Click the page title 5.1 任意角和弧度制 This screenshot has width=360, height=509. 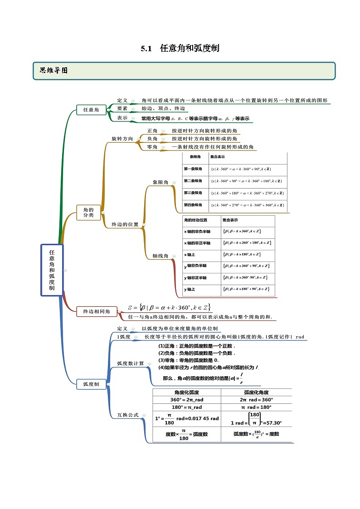click(180, 48)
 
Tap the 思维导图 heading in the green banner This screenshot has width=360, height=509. click(54, 70)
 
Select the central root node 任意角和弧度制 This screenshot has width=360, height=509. click(52, 270)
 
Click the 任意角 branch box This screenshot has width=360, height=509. click(91, 110)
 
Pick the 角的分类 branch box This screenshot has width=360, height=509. click(88, 212)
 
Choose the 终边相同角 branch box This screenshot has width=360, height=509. click(97, 311)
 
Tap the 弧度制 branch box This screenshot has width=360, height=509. click(91, 384)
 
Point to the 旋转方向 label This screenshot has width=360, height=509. click(122, 139)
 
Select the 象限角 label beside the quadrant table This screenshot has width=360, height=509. click(160, 182)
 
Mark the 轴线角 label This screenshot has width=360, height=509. click(160, 256)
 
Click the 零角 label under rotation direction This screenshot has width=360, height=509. click(152, 147)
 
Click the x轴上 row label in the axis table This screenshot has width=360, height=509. click(190, 254)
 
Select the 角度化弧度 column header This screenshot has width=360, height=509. click(187, 393)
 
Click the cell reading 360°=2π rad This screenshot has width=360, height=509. click(187, 400)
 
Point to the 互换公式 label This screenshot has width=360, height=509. click(126, 415)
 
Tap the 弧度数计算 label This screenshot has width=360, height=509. click(131, 364)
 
